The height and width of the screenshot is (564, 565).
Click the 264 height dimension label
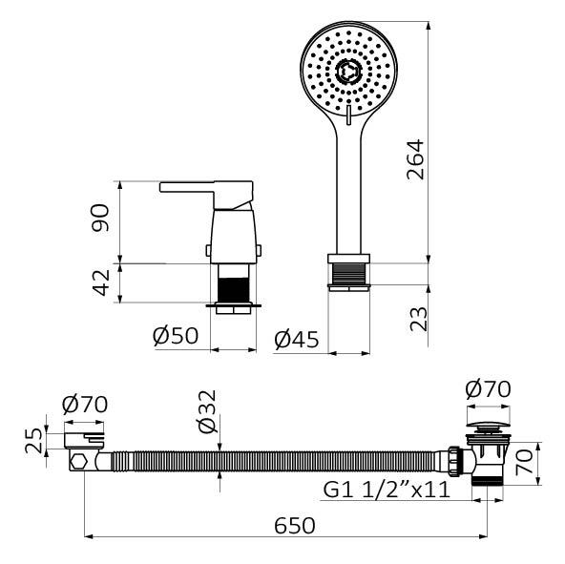pyautogui.click(x=415, y=159)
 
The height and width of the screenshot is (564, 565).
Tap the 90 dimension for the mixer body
pyautogui.click(x=100, y=218)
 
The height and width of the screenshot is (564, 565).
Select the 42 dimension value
pyautogui.click(x=100, y=282)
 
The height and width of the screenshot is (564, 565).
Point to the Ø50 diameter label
pyautogui.click(x=176, y=336)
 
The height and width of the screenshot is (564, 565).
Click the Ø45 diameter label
pyautogui.click(x=297, y=340)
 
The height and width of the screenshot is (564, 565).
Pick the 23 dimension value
pyautogui.click(x=419, y=319)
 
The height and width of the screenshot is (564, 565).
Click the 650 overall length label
pyautogui.click(x=295, y=526)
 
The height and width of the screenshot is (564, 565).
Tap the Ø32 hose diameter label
pyautogui.click(x=207, y=411)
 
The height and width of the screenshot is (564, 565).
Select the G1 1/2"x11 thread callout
pyautogui.click(x=387, y=490)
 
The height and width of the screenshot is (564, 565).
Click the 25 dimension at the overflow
pyautogui.click(x=33, y=441)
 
